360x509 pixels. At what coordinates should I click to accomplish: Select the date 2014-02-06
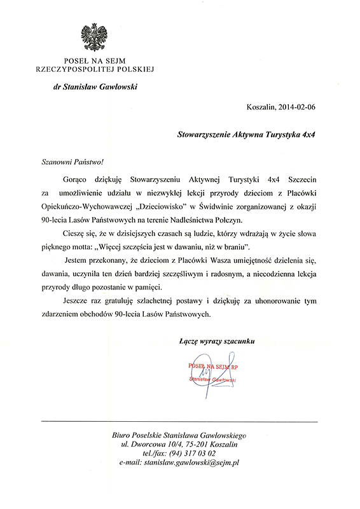296,107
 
